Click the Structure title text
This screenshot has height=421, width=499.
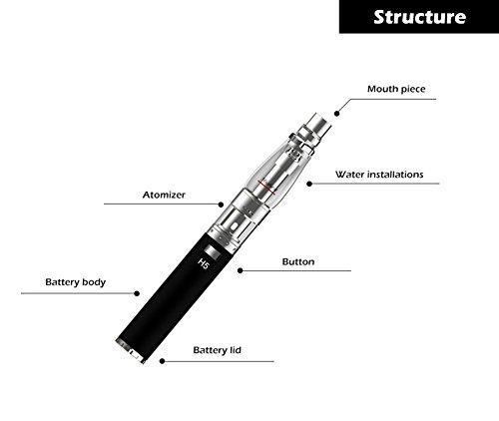[419, 17]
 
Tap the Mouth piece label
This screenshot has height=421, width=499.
[396, 89]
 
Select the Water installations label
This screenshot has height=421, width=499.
[379, 175]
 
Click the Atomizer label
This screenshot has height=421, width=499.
[164, 195]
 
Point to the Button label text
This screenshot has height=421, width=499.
[298, 261]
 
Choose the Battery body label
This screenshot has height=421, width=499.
[76, 282]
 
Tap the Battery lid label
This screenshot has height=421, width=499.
[217, 350]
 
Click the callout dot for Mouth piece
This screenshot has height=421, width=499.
[337, 114]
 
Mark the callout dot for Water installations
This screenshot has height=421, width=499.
[309, 184]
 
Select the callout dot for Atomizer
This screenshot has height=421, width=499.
[221, 205]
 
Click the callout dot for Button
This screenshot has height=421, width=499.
[241, 270]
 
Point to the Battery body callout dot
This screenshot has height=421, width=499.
[137, 293]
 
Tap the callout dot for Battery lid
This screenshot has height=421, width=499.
[162, 361]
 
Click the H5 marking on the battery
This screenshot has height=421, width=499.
[203, 263]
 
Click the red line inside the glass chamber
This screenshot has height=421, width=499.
[267, 188]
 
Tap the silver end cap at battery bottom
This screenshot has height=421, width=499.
[131, 351]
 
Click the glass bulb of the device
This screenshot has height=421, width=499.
[278, 173]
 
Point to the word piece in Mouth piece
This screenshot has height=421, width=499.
[412, 90]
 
